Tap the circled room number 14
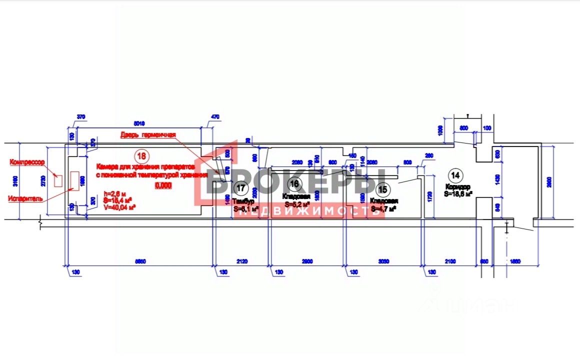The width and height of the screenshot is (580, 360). point(455,175)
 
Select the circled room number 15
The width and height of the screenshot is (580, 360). point(383,189)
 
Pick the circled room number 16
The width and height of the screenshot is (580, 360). point(294,184)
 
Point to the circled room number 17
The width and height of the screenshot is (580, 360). point(240,188)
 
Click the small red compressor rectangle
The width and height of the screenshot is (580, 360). point(58,180)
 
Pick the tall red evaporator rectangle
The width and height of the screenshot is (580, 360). point(75,183)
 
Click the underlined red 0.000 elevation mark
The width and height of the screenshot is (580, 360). point(163,185)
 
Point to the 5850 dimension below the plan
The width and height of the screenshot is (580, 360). point(140,260)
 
